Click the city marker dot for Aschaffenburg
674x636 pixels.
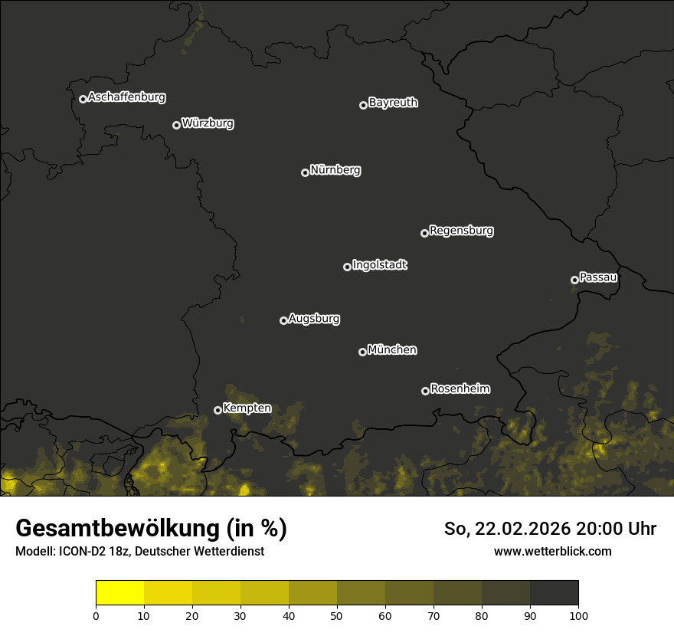(83, 99)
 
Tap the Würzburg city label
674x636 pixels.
(208, 123)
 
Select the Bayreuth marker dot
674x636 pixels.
(363, 105)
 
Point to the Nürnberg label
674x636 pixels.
(335, 170)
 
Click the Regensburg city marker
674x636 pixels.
(424, 233)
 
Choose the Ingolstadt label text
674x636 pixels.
(380, 265)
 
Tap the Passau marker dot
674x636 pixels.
(574, 280)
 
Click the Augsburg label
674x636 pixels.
(314, 319)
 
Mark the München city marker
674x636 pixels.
(362, 352)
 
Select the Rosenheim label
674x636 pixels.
(460, 389)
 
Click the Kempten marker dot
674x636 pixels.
(218, 410)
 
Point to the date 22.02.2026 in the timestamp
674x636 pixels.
(523, 529)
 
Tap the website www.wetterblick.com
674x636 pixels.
(552, 551)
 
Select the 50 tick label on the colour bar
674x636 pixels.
(337, 615)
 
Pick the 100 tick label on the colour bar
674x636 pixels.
(578, 615)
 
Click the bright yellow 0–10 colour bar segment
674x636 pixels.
(120, 593)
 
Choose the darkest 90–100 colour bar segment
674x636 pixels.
(554, 593)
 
